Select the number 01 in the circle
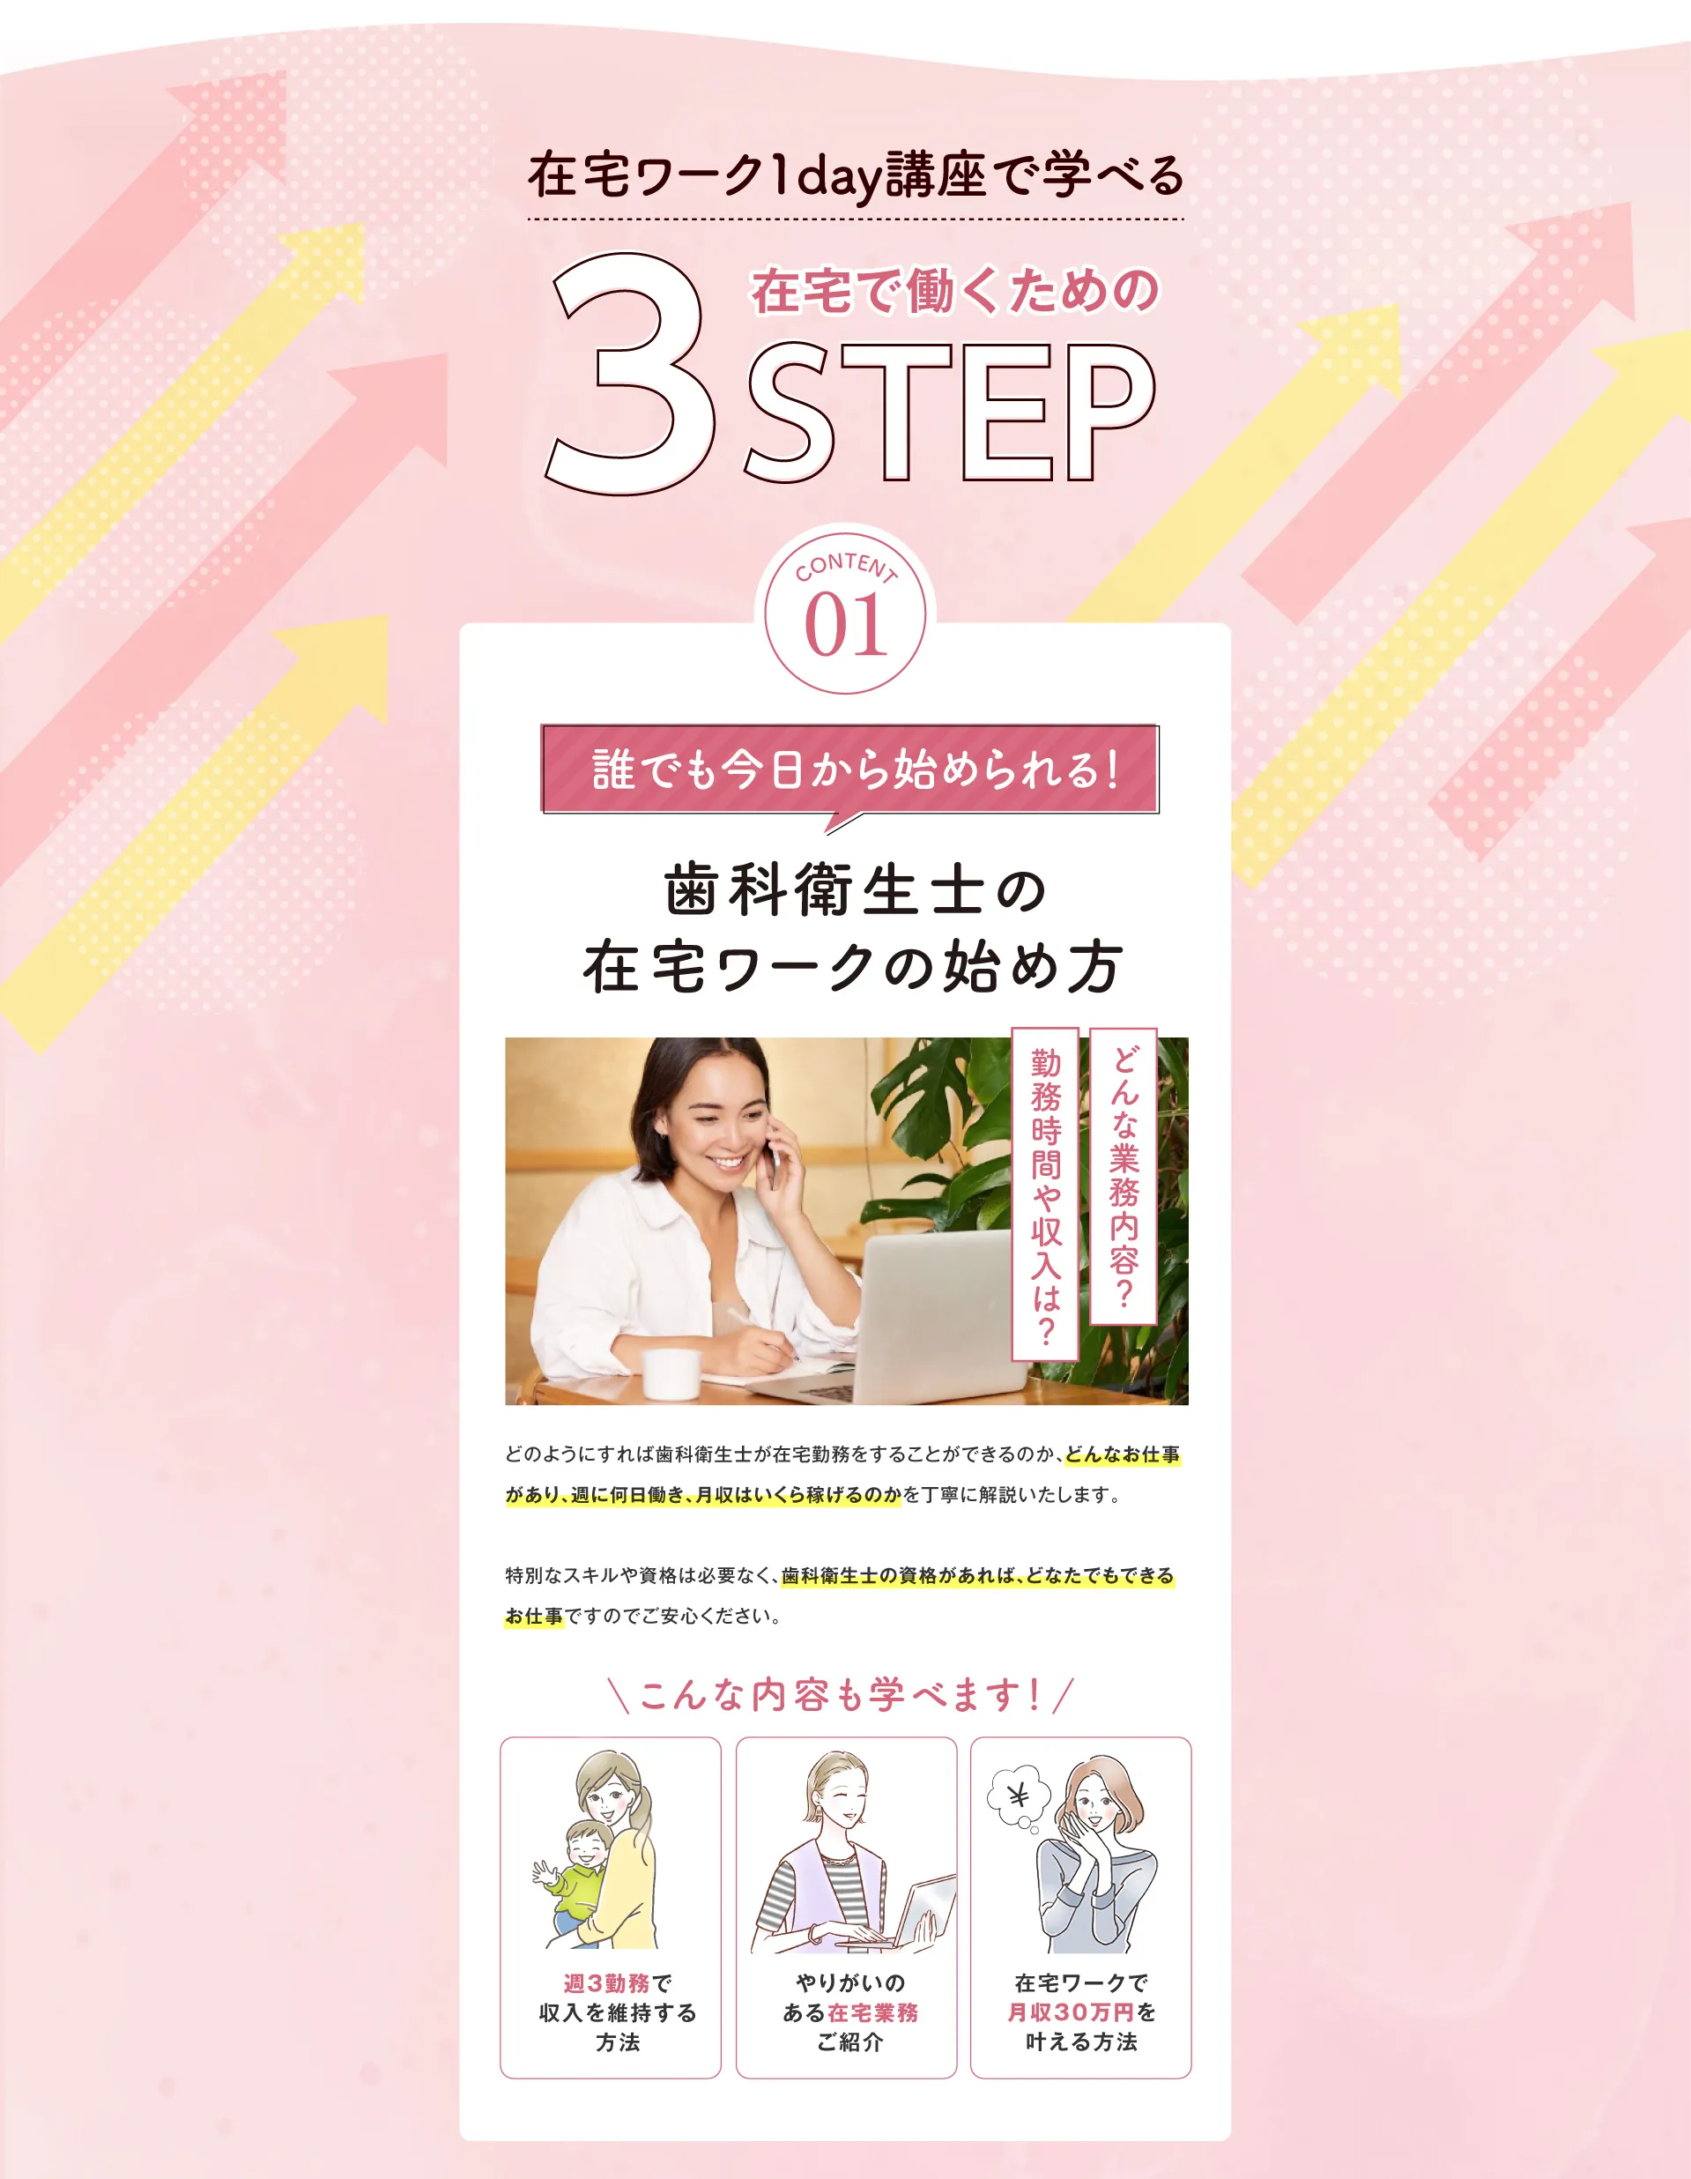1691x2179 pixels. [x=846, y=627]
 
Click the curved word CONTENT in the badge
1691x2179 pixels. [x=846, y=567]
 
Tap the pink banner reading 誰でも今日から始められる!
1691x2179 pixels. [x=850, y=769]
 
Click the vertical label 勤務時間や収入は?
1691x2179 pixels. [x=1045, y=1195]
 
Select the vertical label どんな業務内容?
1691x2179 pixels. [x=1124, y=1176]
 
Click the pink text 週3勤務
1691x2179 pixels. [x=606, y=1983]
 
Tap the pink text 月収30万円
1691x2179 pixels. [x=1071, y=2012]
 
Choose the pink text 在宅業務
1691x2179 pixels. [x=872, y=2012]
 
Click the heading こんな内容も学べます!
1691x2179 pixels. [x=839, y=1694]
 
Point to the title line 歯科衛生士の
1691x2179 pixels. [x=856, y=890]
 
